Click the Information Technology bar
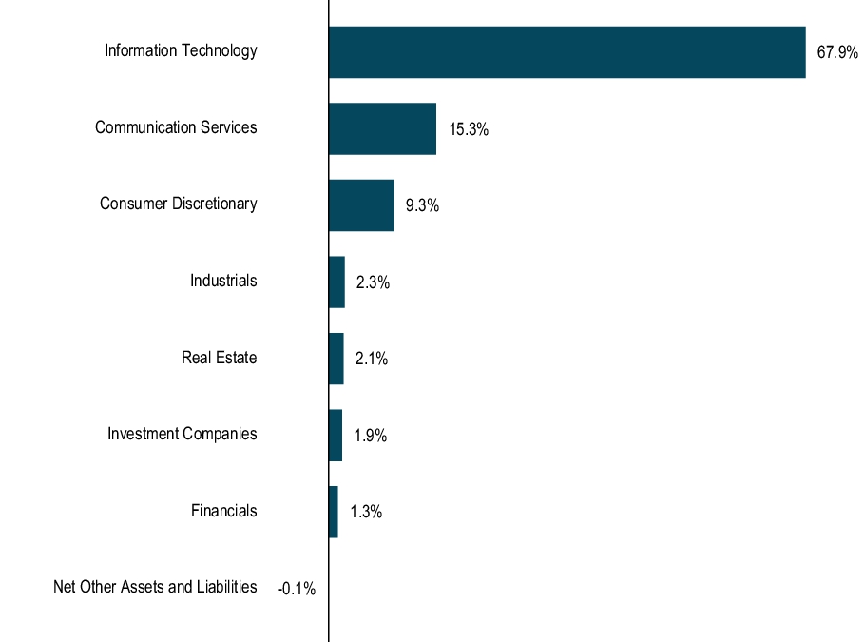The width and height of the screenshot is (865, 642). click(567, 52)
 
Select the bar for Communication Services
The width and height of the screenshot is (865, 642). click(382, 129)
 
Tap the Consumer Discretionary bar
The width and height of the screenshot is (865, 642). click(361, 205)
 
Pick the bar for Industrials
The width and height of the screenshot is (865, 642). click(336, 282)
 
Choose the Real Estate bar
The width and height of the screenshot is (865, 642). click(336, 359)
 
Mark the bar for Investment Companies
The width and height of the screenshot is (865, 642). click(335, 436)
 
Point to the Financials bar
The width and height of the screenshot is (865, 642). click(333, 512)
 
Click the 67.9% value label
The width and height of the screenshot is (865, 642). click(837, 53)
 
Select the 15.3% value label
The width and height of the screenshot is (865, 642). click(469, 130)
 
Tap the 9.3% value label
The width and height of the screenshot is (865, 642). click(422, 206)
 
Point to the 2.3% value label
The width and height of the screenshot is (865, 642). click(373, 283)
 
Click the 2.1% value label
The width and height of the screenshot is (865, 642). click(372, 360)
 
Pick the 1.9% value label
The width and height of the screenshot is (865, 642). click(370, 437)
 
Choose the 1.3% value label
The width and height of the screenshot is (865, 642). click(366, 513)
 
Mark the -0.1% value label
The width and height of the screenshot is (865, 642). click(296, 590)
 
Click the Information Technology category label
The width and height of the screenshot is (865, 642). click(181, 50)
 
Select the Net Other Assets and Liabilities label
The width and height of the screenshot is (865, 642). click(155, 587)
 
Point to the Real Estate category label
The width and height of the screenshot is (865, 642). click(219, 358)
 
